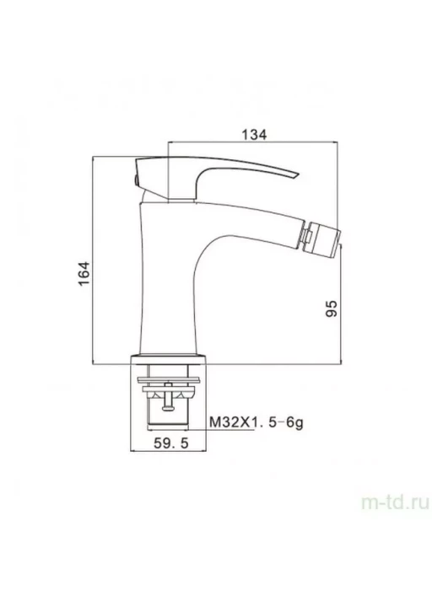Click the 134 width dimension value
(254, 134)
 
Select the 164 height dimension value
(84, 273)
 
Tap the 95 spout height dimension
(331, 308)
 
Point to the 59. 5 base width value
(170, 443)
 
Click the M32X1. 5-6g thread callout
(257, 422)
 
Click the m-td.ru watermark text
(395, 502)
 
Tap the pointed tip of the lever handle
(299, 174)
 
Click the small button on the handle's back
(133, 180)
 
